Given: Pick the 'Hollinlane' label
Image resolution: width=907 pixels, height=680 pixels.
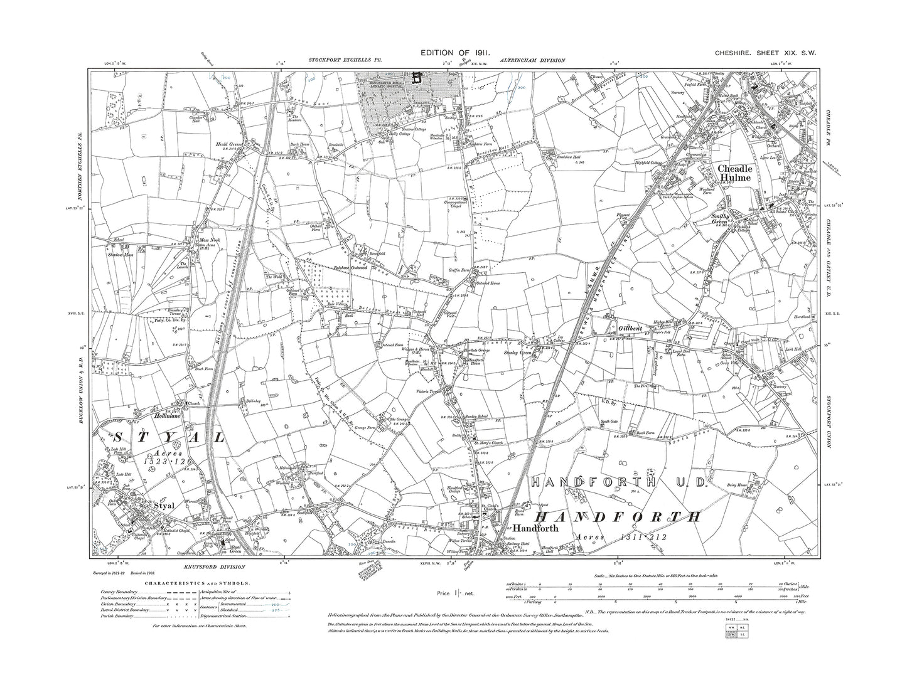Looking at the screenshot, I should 168,415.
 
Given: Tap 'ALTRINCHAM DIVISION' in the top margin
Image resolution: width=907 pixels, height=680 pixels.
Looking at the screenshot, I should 532,60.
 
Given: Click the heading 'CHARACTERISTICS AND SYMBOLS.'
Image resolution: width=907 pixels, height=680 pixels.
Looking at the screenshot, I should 197,583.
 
